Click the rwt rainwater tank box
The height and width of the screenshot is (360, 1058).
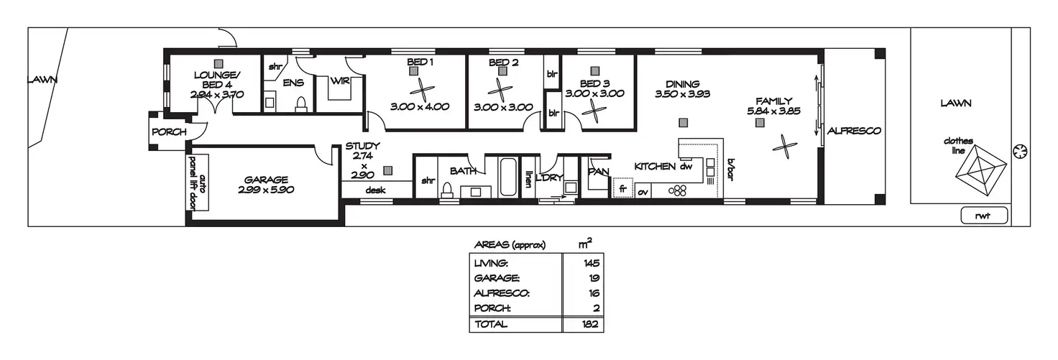pyautogui.click(x=984, y=214)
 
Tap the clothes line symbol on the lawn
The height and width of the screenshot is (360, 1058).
pyautogui.click(x=978, y=170)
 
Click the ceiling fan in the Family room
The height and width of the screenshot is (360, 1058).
pyautogui.click(x=784, y=147)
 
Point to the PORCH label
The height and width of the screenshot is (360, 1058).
pyautogui.click(x=169, y=132)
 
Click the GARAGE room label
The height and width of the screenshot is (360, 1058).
pyautogui.click(x=266, y=180)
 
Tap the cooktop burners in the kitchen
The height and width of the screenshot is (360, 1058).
pyautogui.click(x=678, y=191)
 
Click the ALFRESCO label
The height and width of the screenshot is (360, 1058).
pyautogui.click(x=854, y=131)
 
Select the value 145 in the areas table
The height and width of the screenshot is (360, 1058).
pyautogui.click(x=592, y=263)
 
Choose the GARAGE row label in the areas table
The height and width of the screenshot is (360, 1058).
pyautogui.click(x=495, y=278)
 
